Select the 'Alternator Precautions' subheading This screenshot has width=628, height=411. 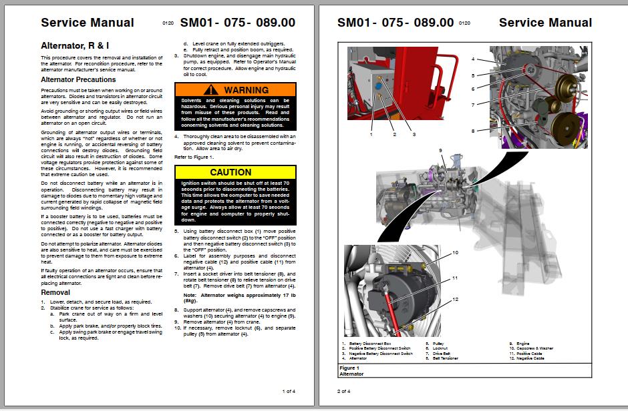pos(78,79)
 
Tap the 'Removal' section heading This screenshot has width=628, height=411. pos(55,292)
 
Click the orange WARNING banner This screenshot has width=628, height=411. pos(235,89)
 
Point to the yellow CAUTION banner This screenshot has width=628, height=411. pos(235,172)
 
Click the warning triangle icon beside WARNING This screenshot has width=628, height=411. pos(212,89)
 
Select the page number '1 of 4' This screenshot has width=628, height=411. pos(288,390)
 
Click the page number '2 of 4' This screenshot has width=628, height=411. pos(343,390)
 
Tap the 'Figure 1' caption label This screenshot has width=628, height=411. pos(349,368)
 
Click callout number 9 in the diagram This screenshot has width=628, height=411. pos(440,150)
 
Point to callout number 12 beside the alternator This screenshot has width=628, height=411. pos(455,300)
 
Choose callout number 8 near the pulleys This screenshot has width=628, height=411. pos(472,131)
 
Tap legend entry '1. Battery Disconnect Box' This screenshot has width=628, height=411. pos(366,344)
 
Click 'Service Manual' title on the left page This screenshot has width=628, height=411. pos(87,22)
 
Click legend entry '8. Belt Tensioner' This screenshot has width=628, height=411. pos(442,358)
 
